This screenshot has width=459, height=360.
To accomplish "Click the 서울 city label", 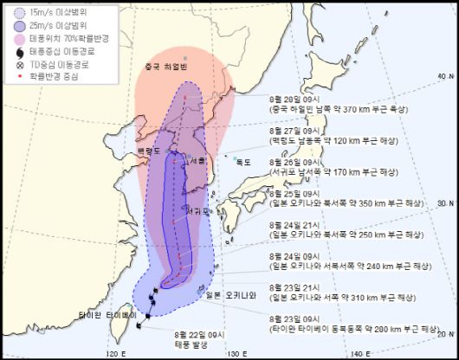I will pyautogui.click(x=197, y=161).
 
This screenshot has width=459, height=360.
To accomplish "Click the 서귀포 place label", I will pyautogui.click(x=195, y=210).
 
